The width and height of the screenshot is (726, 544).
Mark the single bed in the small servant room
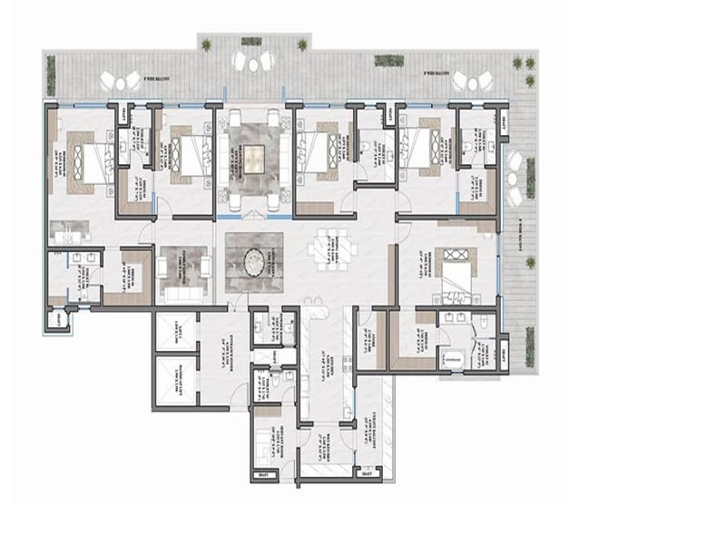tap(269, 444)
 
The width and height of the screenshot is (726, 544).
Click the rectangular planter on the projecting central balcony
tap(251, 41)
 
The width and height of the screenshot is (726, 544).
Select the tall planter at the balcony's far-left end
tap(51, 74)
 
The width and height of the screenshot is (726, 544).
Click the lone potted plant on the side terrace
tap(529, 264)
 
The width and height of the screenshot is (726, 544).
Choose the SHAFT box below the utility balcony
tap(367, 472)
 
